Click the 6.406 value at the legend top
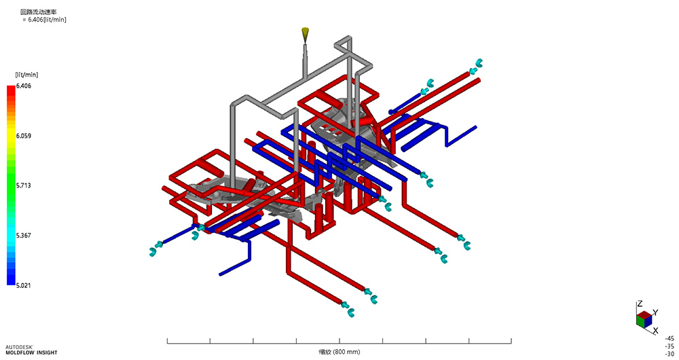click(x=23, y=86)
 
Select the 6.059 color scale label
click(x=23, y=136)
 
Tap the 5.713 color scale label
click(x=23, y=185)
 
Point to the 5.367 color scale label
click(x=23, y=235)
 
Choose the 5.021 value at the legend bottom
click(x=23, y=285)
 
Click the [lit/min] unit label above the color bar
click(x=26, y=75)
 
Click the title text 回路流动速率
click(x=39, y=12)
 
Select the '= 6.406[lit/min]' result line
click(x=44, y=20)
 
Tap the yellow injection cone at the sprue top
click(x=306, y=33)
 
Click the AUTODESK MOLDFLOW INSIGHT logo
click(x=31, y=350)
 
